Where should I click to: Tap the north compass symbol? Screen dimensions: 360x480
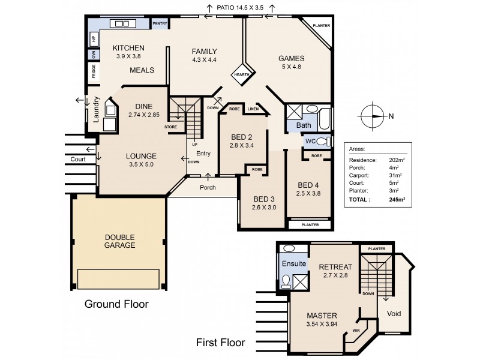(373, 116)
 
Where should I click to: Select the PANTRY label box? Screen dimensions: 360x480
(160, 23)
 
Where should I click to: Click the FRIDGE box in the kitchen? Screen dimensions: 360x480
(94, 71)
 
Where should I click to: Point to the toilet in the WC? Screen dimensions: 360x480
(322, 142)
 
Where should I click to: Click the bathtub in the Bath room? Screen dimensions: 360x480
(323, 119)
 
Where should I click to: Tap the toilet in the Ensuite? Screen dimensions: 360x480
(286, 281)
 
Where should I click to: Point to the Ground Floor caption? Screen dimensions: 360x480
(116, 304)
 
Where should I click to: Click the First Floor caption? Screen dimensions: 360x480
(221, 343)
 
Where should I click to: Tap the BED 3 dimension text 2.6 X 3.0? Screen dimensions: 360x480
(264, 208)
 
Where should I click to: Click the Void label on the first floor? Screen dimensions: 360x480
(394, 314)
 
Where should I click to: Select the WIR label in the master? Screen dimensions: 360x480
(356, 329)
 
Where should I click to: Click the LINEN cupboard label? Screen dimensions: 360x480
(252, 109)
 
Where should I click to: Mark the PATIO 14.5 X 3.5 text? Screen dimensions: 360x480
(240, 7)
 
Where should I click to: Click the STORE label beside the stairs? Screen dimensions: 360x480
(170, 127)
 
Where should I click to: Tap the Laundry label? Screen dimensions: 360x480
(95, 110)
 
